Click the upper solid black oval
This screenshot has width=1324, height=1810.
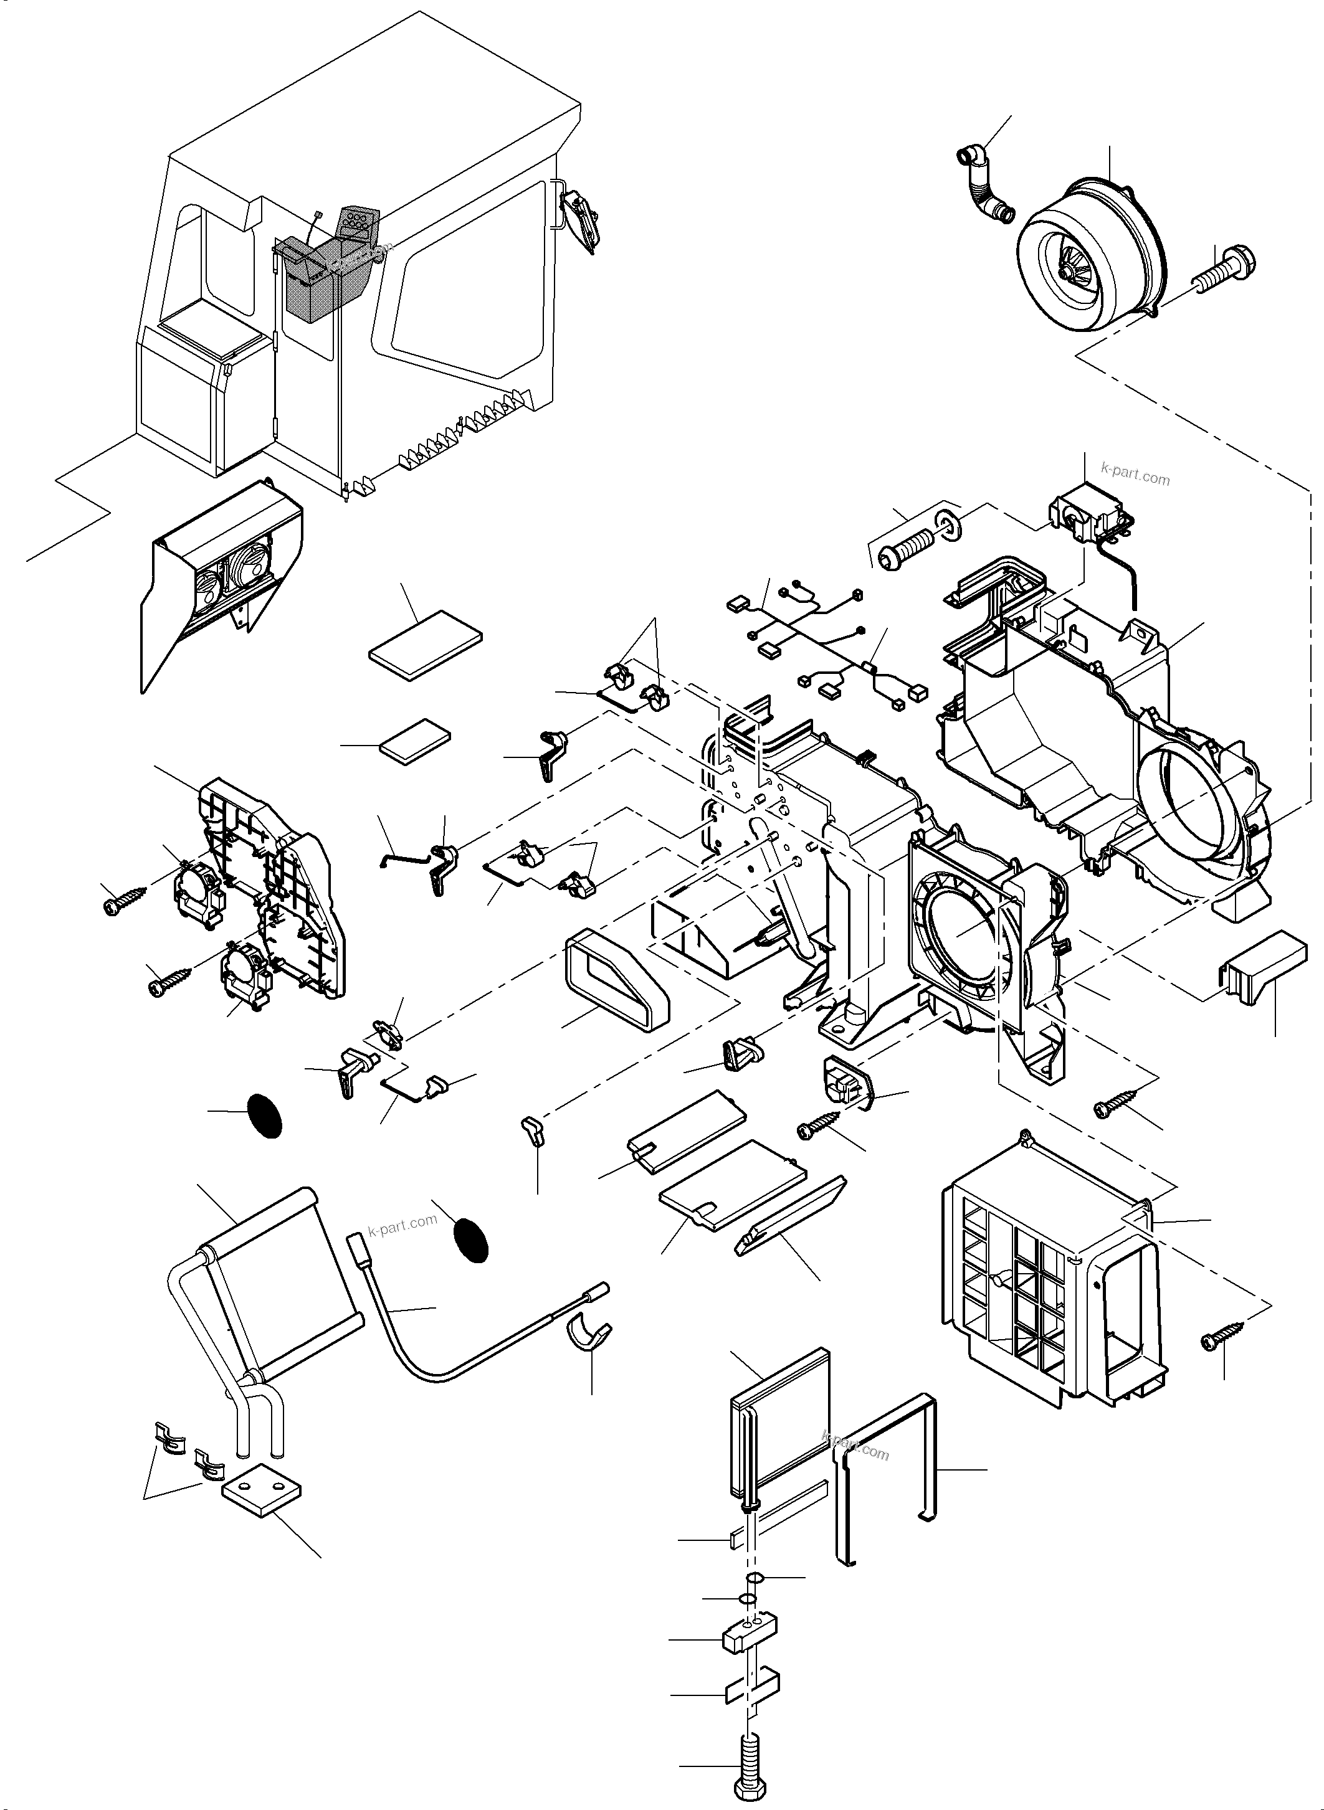(x=264, y=1114)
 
